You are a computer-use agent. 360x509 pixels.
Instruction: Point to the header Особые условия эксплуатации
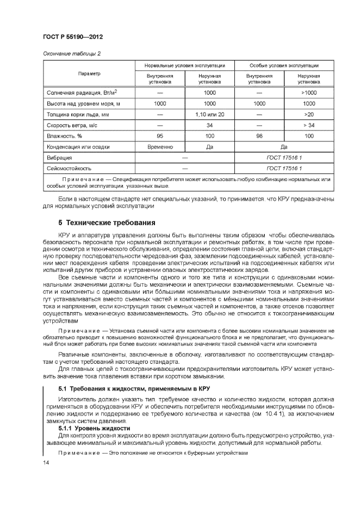tap(283, 65)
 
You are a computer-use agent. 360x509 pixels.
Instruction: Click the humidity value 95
tap(160, 136)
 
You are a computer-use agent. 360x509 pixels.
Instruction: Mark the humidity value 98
tap(259, 136)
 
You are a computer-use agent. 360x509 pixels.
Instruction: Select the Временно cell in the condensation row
tap(160, 147)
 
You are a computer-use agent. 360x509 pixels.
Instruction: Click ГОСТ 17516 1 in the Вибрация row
tap(283, 158)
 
